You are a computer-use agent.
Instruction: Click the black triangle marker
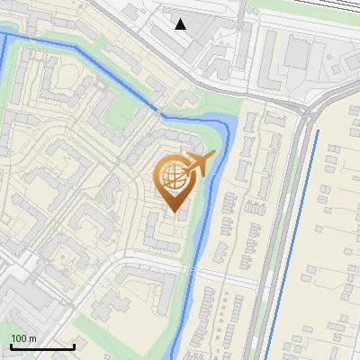181,23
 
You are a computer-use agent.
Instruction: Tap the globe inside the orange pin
173,178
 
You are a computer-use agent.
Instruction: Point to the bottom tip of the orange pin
172,212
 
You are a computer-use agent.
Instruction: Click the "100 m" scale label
24,337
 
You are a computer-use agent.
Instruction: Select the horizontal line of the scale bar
42,346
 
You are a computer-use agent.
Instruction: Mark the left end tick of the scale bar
11,346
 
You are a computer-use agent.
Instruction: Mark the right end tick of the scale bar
74,346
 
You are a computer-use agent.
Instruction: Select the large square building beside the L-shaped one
296,53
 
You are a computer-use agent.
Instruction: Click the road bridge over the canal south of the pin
192,272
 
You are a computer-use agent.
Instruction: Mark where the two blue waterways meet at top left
6,34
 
